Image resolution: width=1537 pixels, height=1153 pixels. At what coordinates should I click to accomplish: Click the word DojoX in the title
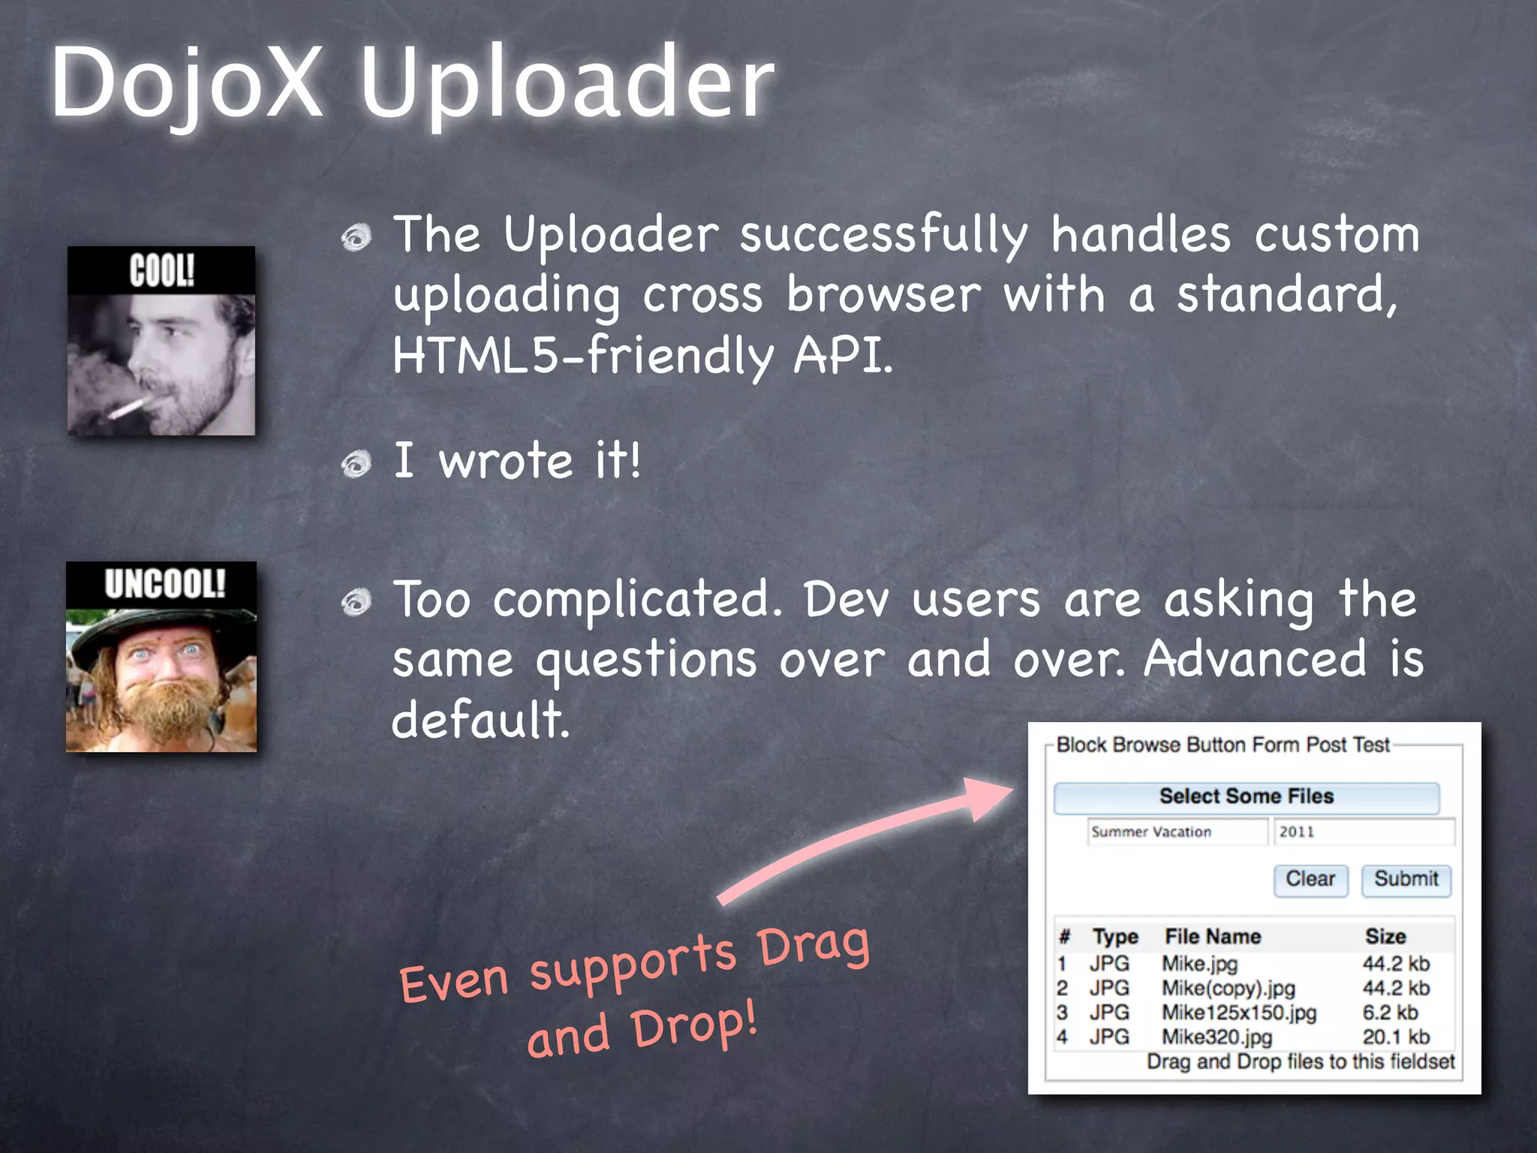point(188,83)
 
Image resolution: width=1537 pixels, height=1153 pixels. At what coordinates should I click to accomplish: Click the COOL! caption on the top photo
point(161,270)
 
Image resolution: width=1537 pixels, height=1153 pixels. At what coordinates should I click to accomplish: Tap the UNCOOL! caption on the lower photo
point(164,583)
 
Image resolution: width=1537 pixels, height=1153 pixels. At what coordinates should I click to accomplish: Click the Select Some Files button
point(1246,797)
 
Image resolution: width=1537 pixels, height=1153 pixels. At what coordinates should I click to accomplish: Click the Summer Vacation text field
point(1177,832)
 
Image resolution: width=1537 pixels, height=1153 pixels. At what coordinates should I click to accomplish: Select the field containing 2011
point(1363,832)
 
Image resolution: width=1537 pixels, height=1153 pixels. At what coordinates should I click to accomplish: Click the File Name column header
point(1212,936)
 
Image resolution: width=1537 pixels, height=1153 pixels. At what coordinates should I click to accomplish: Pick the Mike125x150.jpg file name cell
point(1239,1013)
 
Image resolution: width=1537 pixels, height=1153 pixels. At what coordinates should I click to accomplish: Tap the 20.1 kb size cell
point(1396,1037)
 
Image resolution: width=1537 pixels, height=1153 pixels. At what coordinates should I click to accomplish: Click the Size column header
point(1385,936)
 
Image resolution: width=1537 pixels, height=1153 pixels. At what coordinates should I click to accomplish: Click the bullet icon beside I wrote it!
point(356,464)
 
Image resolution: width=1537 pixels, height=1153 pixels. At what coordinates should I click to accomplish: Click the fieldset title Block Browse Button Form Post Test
point(1223,745)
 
